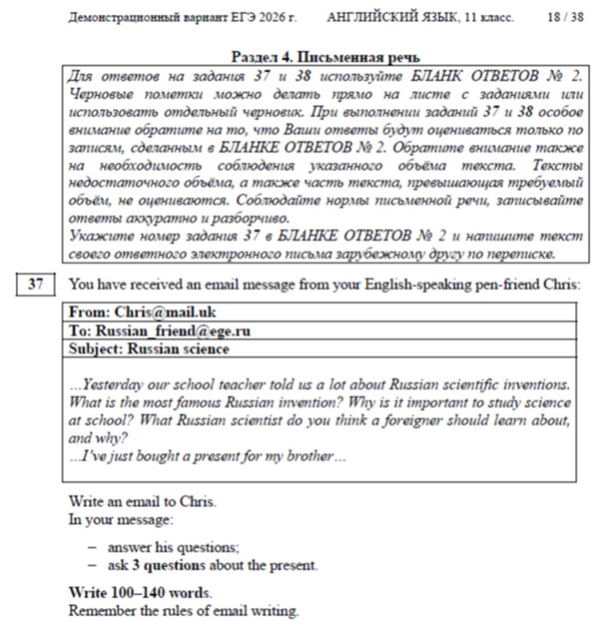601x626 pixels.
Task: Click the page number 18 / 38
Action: tap(564, 17)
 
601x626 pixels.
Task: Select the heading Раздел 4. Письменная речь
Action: tap(325, 58)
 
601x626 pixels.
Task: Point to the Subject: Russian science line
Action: tap(149, 349)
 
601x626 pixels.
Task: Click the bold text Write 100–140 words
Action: tap(139, 592)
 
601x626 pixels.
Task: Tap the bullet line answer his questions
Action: tap(173, 547)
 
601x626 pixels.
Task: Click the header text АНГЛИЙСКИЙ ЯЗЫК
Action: tap(391, 17)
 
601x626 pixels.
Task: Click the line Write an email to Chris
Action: tap(142, 501)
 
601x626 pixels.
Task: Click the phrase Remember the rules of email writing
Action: tap(183, 610)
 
